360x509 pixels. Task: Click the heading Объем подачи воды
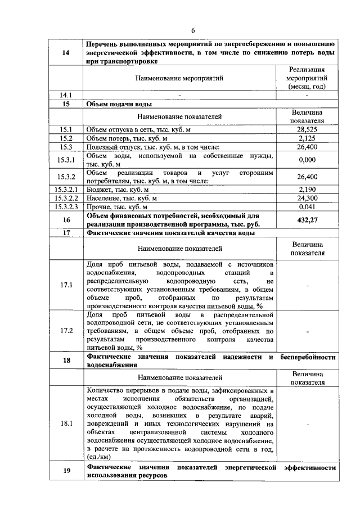coord(119,104)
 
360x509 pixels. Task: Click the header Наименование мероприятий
coord(179,79)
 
